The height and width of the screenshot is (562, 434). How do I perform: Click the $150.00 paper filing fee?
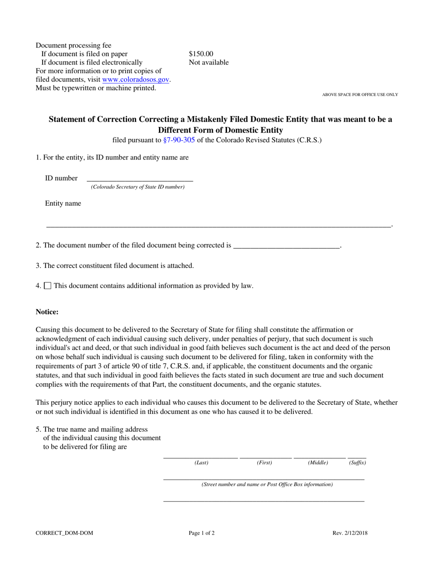[201, 54]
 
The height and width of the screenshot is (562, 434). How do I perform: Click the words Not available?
[209, 63]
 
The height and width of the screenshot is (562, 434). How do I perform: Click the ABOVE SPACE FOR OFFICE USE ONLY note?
[360, 95]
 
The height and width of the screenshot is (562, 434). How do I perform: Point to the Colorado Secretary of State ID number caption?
[138, 187]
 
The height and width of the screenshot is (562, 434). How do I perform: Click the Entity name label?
[63, 204]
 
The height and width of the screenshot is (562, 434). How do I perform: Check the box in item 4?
[48, 286]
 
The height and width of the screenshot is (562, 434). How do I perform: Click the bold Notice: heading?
[47, 312]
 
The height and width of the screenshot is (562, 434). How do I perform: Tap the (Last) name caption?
[201, 463]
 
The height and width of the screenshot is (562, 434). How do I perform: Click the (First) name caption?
[265, 463]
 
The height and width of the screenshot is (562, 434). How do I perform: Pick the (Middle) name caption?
[318, 463]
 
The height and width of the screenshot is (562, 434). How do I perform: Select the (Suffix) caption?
[358, 463]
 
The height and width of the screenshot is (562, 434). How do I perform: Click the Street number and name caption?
[267, 484]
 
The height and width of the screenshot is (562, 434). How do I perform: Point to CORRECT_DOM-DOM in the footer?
[64, 533]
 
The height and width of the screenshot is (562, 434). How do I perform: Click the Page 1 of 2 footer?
[202, 533]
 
